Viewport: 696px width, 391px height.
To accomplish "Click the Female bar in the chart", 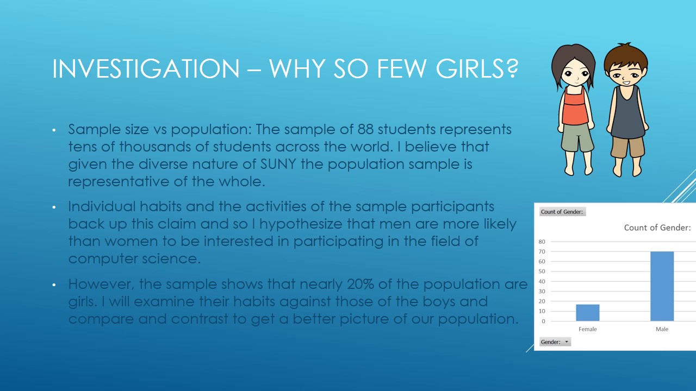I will click(588, 313).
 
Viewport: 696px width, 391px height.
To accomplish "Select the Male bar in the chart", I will click(662, 286).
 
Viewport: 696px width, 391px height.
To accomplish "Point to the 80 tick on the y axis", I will click(542, 242).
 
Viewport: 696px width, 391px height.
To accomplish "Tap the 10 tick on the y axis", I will click(542, 311).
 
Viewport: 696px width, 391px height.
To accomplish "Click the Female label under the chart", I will click(588, 329).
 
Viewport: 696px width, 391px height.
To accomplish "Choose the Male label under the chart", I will click(662, 329).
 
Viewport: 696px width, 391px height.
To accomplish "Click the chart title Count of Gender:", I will click(657, 228).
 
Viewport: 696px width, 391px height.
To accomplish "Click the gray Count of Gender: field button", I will click(562, 212).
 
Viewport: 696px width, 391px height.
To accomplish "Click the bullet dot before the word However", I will click(54, 285).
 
